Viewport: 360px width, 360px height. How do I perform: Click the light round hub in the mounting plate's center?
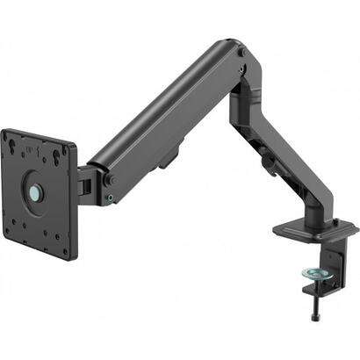coord(34,191)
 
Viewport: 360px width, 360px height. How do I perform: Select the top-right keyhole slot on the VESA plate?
coord(61,157)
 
